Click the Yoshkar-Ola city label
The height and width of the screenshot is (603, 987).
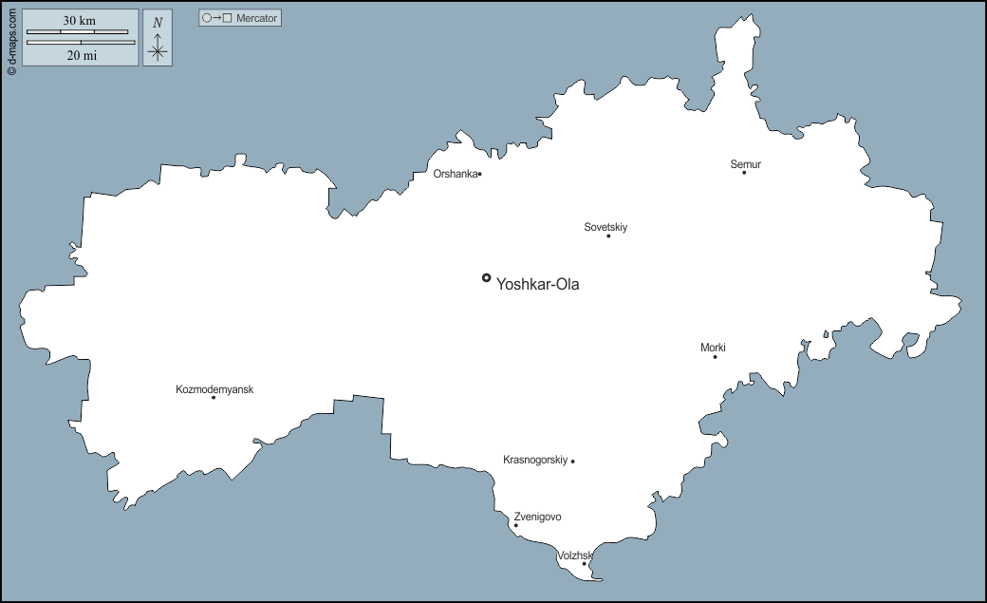point(537,284)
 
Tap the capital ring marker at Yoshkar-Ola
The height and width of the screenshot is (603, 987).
point(486,277)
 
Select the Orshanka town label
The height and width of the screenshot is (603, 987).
point(455,174)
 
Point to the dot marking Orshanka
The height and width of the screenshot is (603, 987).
point(480,174)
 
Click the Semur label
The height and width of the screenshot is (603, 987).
point(745,164)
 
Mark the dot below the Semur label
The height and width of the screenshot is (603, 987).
point(744,173)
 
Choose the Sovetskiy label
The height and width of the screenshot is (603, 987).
point(605,227)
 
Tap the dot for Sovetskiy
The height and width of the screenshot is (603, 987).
point(608,236)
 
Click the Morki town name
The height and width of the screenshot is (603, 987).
point(713,348)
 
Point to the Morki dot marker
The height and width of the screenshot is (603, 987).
point(715,356)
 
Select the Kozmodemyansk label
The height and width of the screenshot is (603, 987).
point(214,389)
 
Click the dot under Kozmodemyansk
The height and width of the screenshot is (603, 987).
point(214,397)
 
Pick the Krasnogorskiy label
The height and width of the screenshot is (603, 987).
point(535,460)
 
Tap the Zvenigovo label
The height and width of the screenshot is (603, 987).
point(537,517)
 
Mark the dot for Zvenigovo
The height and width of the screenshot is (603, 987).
point(516,525)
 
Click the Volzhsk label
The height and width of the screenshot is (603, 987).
point(575,556)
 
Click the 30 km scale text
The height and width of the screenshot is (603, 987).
point(80,20)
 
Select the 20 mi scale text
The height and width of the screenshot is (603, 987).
point(82,55)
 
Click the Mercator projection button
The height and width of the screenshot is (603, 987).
point(240,18)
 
